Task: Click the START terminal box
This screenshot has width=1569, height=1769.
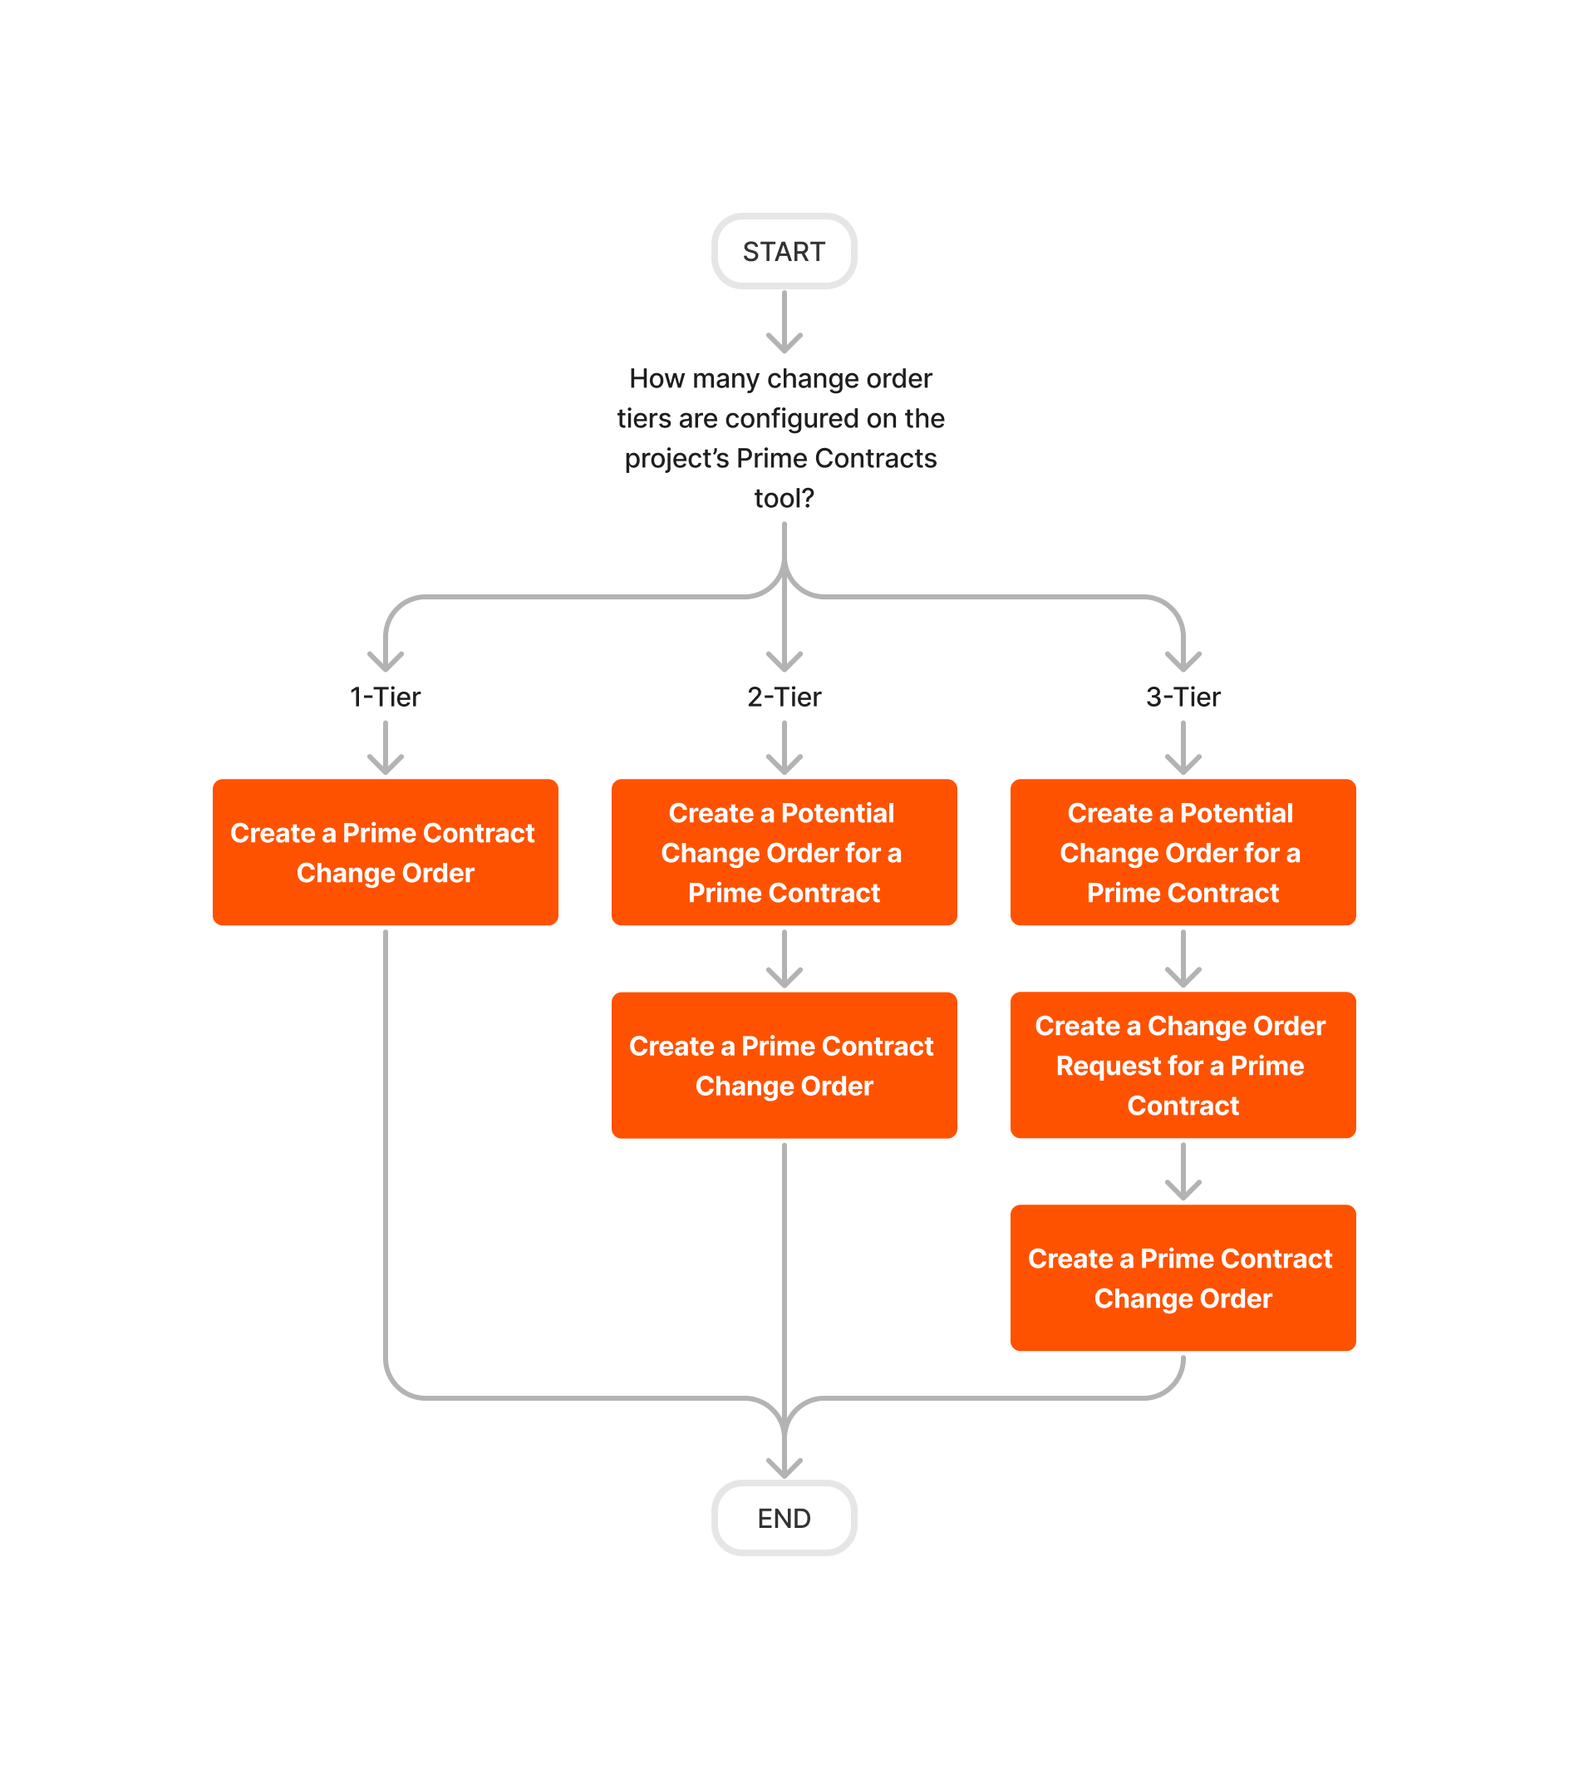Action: [x=783, y=251]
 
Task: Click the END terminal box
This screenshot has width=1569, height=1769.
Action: [x=783, y=1518]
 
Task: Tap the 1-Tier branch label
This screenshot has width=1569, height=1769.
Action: [x=385, y=697]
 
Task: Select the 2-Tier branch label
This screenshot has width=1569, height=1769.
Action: [x=784, y=697]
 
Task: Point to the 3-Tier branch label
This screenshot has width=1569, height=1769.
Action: [x=1183, y=697]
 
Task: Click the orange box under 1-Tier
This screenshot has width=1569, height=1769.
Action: [x=385, y=852]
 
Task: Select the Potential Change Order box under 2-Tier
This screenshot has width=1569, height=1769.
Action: [x=784, y=852]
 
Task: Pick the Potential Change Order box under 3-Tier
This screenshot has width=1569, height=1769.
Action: [x=1183, y=852]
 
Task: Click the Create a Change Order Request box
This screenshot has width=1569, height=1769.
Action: [x=1183, y=1066]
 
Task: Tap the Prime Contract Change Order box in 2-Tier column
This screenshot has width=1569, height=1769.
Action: [x=784, y=1066]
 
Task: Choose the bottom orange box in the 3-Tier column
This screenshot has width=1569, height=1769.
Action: [x=1183, y=1279]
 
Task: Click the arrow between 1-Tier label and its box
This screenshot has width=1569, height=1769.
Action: [x=385, y=750]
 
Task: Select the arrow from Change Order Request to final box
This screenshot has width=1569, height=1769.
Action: [x=1183, y=1174]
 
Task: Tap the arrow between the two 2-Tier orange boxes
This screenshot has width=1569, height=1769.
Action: [x=784, y=961]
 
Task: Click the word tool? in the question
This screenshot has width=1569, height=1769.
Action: [x=784, y=499]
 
